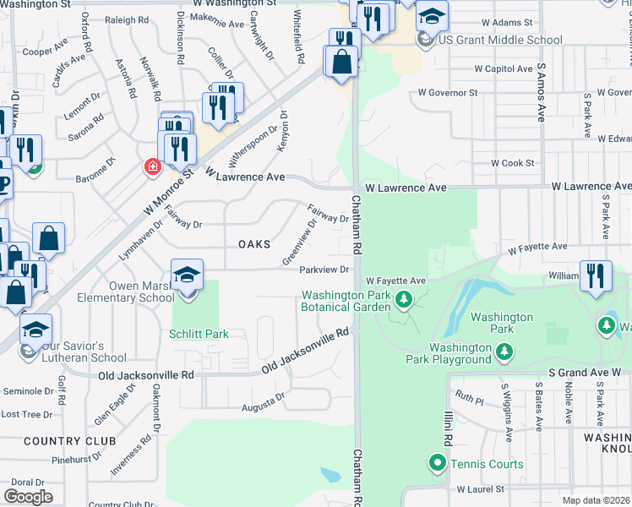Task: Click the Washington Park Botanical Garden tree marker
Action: pos(404,298)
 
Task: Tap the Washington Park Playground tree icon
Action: pos(504,350)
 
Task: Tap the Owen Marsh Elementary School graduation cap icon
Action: pos(187,275)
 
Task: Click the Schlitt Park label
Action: pos(199,334)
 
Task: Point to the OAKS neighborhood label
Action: pos(254,244)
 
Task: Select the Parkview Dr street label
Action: pos(324,270)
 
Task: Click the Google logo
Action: pos(29,497)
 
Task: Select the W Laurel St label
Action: pos(480,489)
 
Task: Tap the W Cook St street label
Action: pos(514,163)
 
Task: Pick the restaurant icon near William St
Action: pos(596,275)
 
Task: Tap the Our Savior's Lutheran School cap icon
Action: pos(35,330)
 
